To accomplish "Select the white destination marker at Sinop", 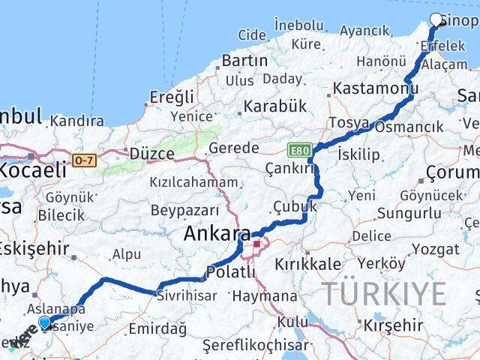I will pos(436,20).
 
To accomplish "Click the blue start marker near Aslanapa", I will pos(45,323).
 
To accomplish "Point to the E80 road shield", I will pos(298,151).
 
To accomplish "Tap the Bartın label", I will pos(244,60).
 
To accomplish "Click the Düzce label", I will pos(151,153).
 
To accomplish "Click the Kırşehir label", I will pos(391,325).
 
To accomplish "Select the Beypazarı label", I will pos(184,210).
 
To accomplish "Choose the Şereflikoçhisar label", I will pos(255,346).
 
